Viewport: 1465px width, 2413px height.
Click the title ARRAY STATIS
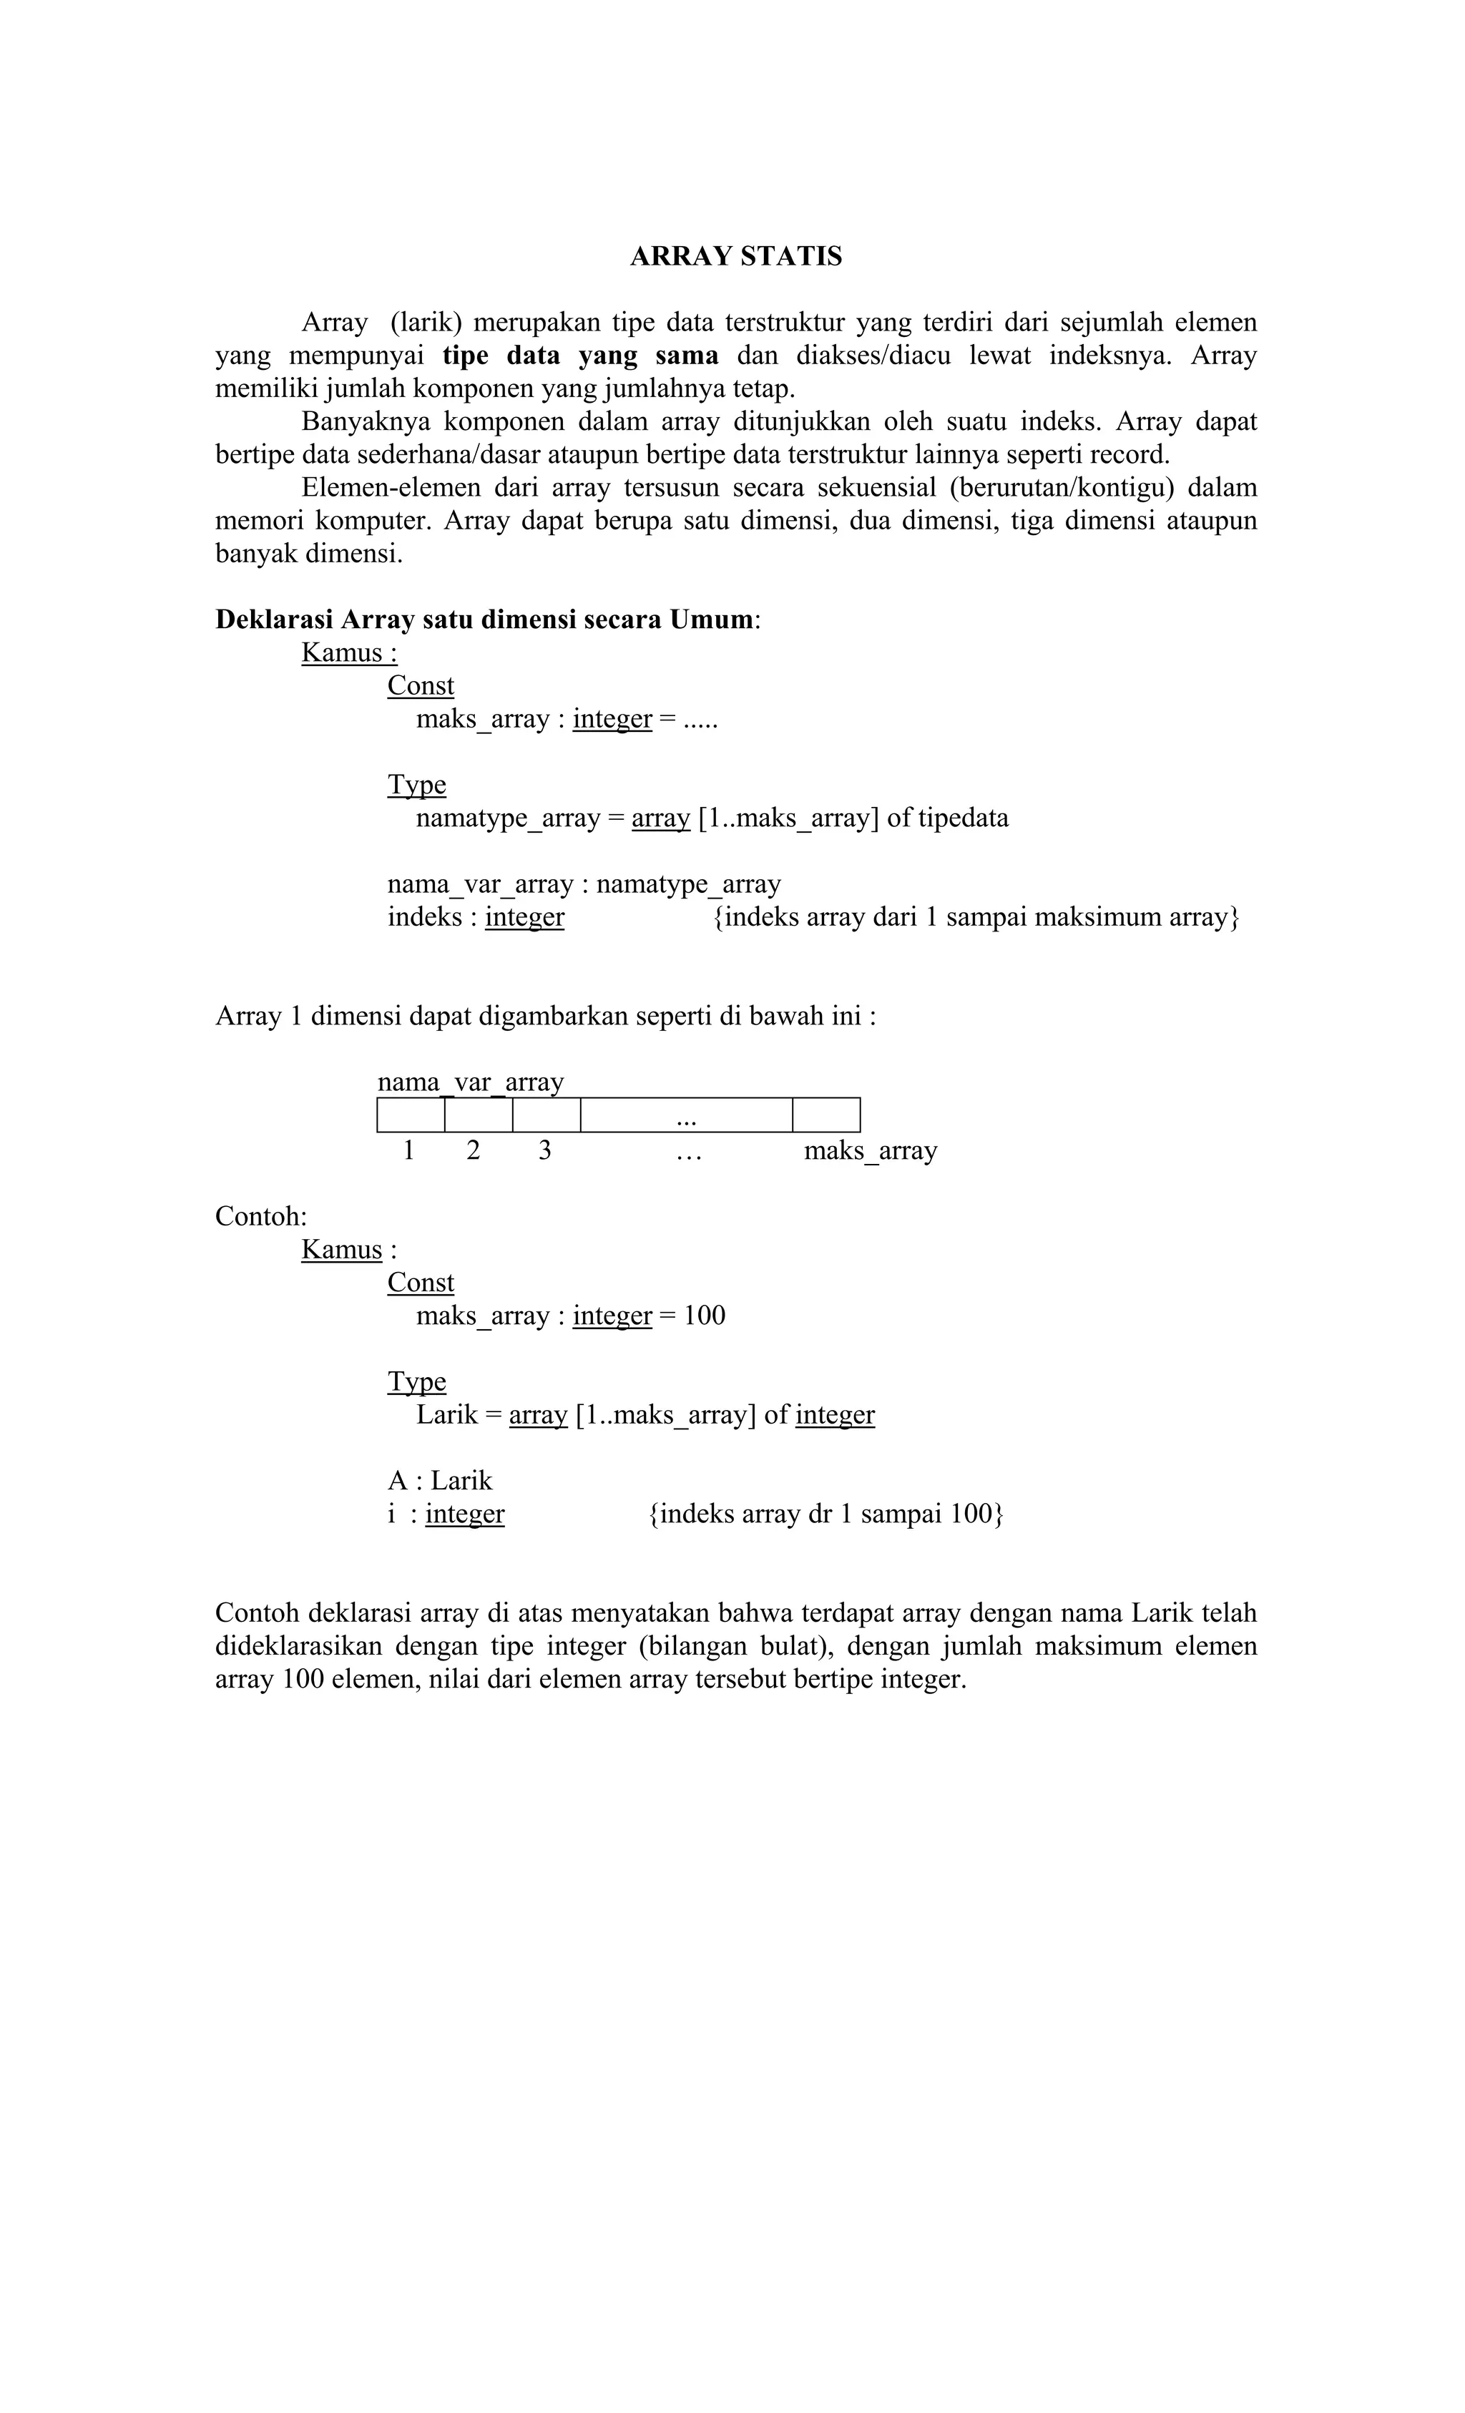(735, 257)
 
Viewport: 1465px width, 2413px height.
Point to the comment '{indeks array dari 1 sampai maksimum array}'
(976, 918)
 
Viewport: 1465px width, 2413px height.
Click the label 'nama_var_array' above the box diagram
(471, 1082)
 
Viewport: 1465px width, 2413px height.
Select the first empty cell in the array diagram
(411, 1115)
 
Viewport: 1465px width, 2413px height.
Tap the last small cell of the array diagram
(825, 1115)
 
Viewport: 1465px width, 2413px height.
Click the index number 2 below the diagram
(473, 1150)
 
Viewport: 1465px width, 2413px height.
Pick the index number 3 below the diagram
(544, 1150)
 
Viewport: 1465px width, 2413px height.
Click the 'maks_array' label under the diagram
(870, 1150)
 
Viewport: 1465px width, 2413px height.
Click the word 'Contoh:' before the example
(260, 1218)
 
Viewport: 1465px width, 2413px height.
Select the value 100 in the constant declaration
(704, 1316)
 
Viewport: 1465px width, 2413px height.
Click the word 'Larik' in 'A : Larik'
(461, 1481)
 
